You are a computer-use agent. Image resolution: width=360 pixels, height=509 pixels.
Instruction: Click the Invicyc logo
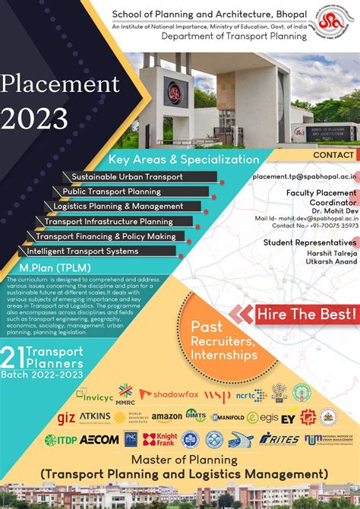tap(95, 395)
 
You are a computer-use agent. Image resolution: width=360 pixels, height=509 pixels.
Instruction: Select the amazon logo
tap(166, 417)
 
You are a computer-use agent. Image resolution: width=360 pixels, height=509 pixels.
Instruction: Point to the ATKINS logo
tap(95, 417)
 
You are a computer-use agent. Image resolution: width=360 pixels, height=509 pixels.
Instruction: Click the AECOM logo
tap(99, 439)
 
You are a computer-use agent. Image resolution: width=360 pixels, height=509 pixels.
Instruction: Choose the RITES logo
tap(279, 438)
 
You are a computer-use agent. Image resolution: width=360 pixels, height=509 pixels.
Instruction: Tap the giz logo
tap(66, 418)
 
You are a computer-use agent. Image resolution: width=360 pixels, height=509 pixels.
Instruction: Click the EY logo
tap(288, 417)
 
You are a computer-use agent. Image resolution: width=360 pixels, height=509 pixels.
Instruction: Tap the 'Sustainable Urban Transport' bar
tap(127, 177)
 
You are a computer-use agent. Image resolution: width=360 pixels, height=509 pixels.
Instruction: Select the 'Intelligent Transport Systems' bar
tap(82, 251)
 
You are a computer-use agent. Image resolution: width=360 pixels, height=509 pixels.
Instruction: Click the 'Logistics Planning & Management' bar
tap(118, 206)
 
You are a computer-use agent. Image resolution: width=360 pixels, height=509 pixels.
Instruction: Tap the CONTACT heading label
tap(333, 155)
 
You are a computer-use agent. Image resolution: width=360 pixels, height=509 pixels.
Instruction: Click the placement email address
tap(305, 176)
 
